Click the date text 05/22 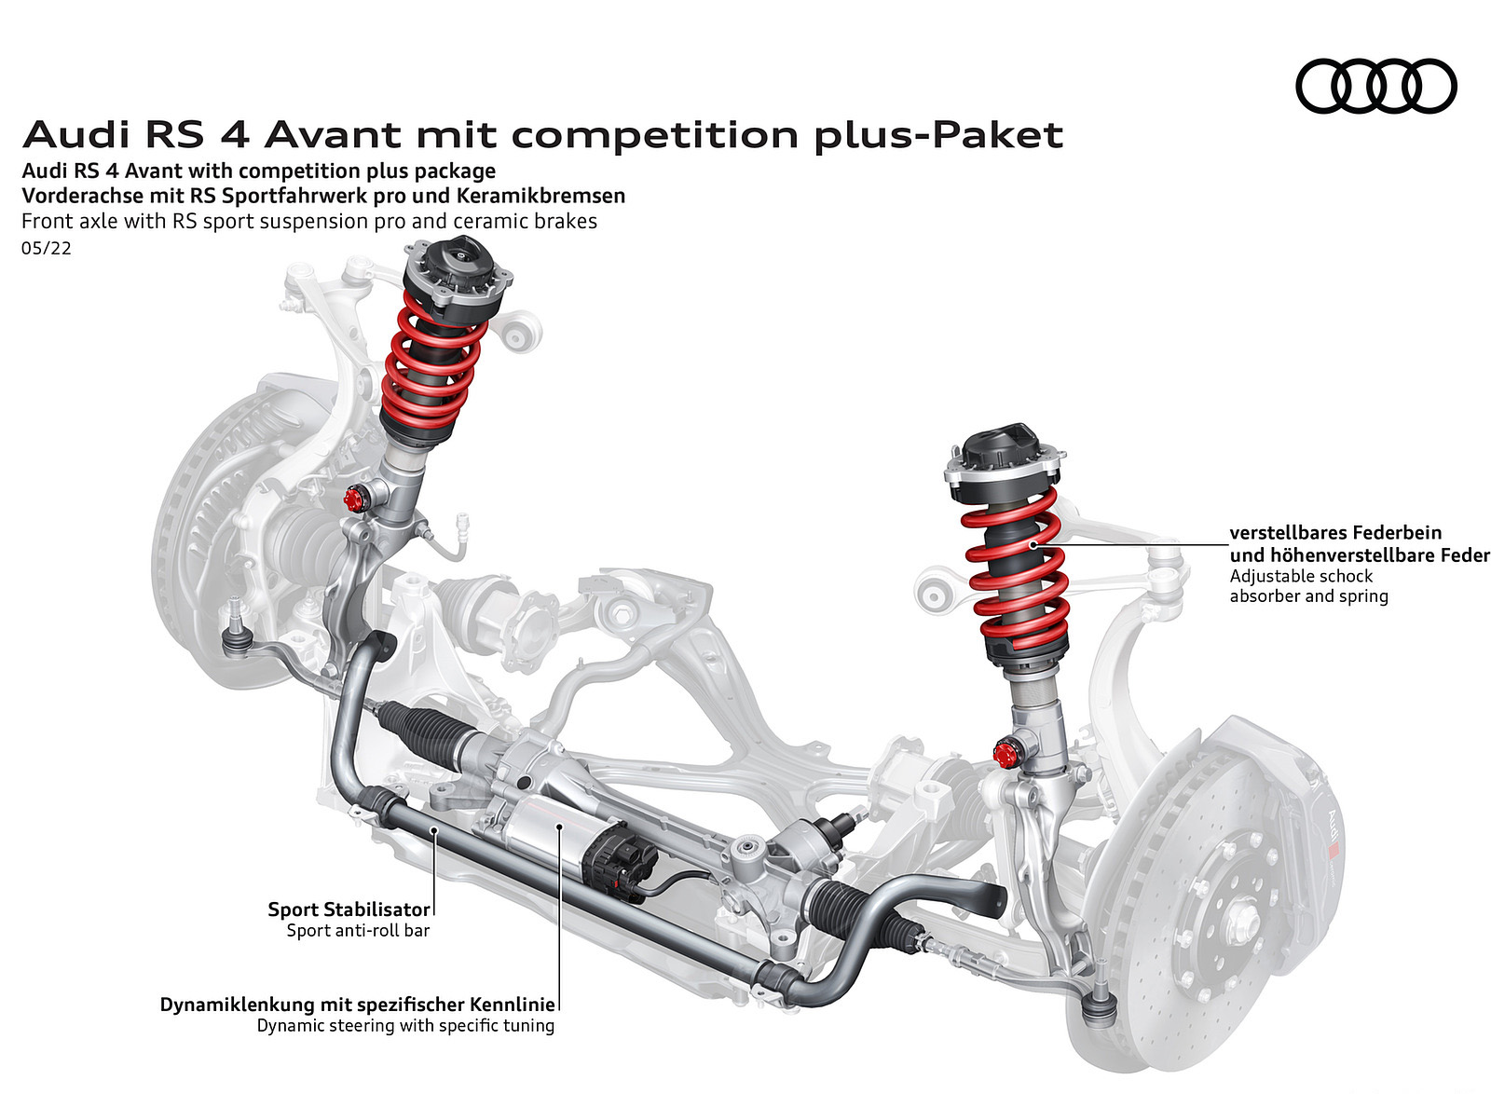46,248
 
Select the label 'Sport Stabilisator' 349,909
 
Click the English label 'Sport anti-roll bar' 358,930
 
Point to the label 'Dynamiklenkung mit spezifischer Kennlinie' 358,1005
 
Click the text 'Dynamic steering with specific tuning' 405,1025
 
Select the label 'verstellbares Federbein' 1335,532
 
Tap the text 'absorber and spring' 1308,595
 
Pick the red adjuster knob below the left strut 353,499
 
